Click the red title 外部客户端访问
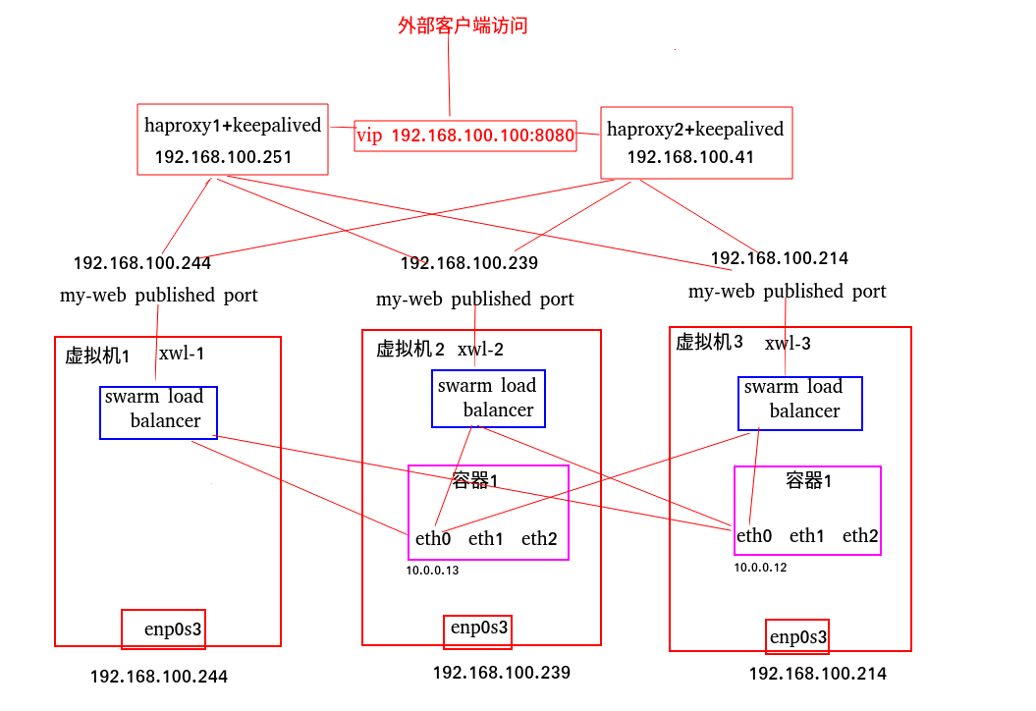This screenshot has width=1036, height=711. click(463, 26)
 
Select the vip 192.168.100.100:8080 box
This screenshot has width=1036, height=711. click(464, 136)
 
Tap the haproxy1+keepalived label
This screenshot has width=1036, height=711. click(233, 125)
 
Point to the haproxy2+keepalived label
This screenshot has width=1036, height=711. click(695, 129)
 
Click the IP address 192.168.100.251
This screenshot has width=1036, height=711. click(223, 157)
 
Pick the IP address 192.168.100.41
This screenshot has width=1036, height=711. click(690, 157)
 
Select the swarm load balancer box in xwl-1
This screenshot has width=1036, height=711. click(158, 412)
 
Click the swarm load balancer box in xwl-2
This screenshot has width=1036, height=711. click(488, 399)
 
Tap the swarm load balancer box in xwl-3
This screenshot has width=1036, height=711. click(799, 404)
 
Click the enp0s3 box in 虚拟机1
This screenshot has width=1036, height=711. click(163, 629)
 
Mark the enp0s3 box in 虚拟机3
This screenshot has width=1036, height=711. click(797, 637)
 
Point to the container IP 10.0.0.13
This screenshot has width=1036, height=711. click(432, 570)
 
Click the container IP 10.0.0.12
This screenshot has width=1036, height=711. click(760, 568)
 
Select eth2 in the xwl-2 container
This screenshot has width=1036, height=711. click(539, 538)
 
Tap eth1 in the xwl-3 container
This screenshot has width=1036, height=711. click(807, 535)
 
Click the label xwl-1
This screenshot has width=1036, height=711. click(182, 354)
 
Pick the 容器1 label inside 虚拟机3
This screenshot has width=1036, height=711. click(810, 480)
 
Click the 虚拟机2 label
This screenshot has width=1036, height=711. click(410, 349)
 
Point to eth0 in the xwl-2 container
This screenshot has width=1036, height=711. click(433, 538)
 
